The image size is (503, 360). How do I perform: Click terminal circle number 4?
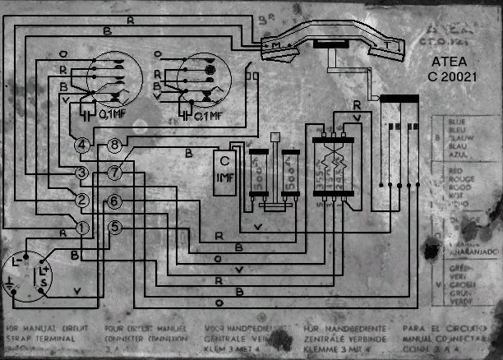(x=83, y=145)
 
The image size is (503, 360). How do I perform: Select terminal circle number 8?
(x=114, y=145)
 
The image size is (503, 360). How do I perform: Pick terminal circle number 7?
(x=114, y=172)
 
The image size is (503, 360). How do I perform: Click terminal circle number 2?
(x=83, y=200)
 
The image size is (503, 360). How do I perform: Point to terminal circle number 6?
(x=114, y=201)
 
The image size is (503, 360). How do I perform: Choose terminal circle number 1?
(x=83, y=226)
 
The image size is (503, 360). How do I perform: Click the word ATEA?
(x=448, y=62)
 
